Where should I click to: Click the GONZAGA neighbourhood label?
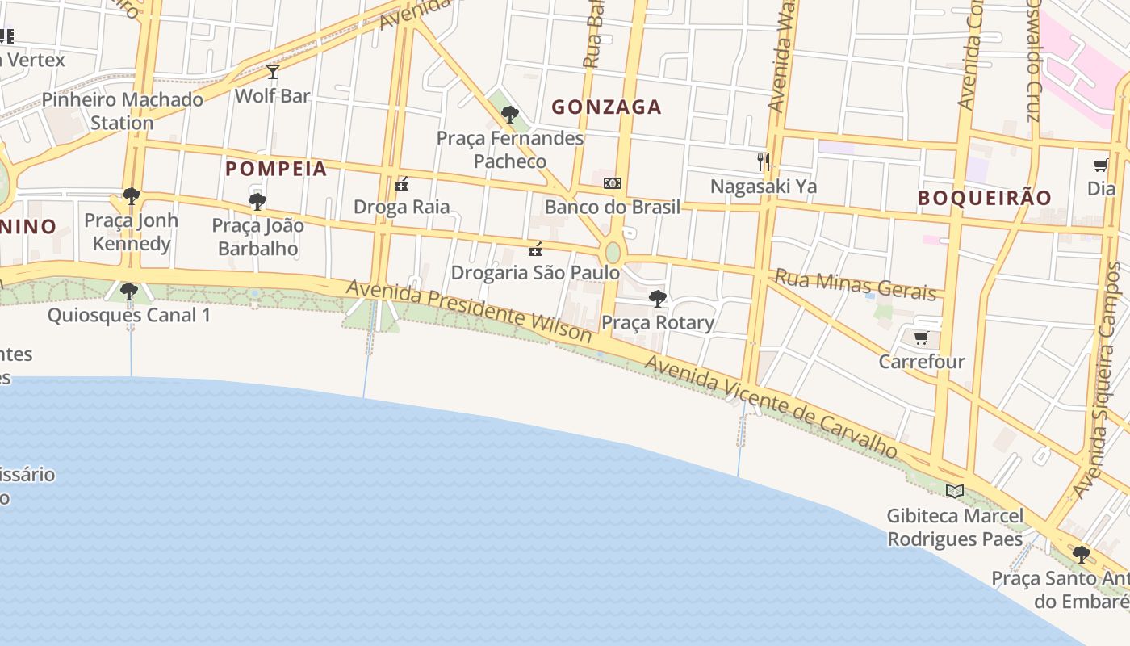pyautogui.click(x=606, y=107)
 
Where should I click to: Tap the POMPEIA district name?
pyautogui.click(x=276, y=169)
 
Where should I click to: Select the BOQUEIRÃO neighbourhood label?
pyautogui.click(x=985, y=198)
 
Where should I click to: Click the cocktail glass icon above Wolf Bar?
pyautogui.click(x=273, y=72)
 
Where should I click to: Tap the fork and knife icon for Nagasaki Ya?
pyautogui.click(x=763, y=161)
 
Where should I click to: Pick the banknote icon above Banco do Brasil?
pyautogui.click(x=613, y=183)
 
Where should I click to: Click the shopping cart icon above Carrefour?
pyautogui.click(x=921, y=338)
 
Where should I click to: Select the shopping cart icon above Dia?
pyautogui.click(x=1100, y=166)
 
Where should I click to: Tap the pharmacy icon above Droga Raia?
pyautogui.click(x=401, y=184)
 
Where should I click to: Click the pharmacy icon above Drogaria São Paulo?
pyautogui.click(x=534, y=250)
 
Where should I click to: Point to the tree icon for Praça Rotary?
pyautogui.click(x=658, y=299)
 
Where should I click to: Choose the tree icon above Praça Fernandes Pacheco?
pyautogui.click(x=509, y=115)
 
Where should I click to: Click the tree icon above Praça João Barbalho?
pyautogui.click(x=257, y=201)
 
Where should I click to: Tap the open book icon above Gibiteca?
pyautogui.click(x=955, y=491)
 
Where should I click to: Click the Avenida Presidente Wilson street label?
pyautogui.click(x=469, y=311)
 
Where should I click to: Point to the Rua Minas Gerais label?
pyautogui.click(x=855, y=283)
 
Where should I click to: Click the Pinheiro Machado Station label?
pyautogui.click(x=122, y=111)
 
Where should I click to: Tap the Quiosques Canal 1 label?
pyautogui.click(x=129, y=315)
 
